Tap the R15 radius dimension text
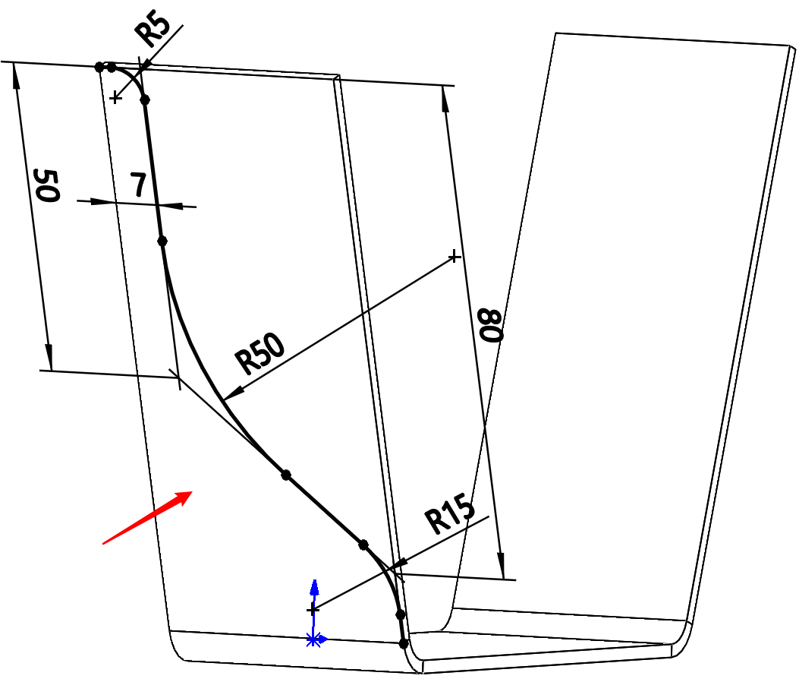(x=450, y=516)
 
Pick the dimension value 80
(x=489, y=326)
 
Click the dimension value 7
(x=137, y=185)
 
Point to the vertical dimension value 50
(x=46, y=186)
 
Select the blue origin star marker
(x=313, y=639)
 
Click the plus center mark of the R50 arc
(x=454, y=257)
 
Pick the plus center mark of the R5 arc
(x=115, y=97)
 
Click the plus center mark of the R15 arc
(x=313, y=609)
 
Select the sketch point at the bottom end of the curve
(x=404, y=643)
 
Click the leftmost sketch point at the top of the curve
(x=99, y=67)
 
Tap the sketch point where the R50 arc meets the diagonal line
(x=286, y=475)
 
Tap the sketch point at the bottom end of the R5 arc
(x=145, y=99)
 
